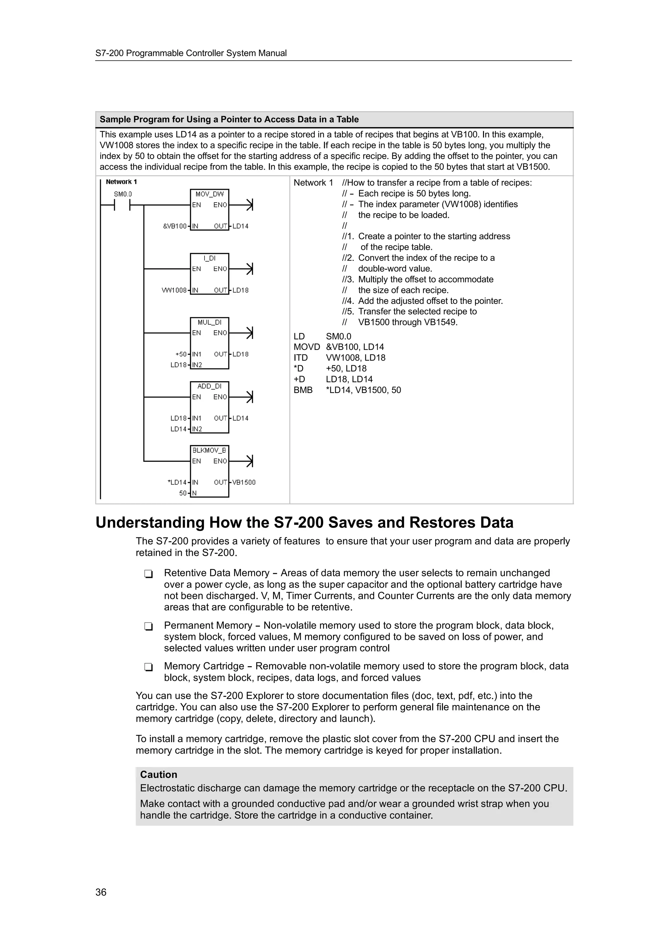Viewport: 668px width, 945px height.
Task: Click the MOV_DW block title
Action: (x=209, y=194)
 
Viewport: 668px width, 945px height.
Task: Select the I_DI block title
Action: (x=209, y=258)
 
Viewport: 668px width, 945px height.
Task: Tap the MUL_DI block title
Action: (x=209, y=322)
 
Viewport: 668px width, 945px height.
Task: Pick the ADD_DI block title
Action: (x=209, y=386)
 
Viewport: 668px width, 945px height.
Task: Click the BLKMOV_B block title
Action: (x=209, y=450)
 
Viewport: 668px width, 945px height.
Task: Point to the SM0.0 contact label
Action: (x=123, y=194)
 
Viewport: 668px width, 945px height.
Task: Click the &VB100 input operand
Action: (x=175, y=226)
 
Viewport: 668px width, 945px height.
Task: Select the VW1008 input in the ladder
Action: (x=174, y=290)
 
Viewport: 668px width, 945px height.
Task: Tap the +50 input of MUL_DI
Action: (x=181, y=354)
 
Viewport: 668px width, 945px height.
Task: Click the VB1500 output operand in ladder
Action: (x=244, y=482)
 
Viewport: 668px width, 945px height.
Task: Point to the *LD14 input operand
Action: (x=177, y=482)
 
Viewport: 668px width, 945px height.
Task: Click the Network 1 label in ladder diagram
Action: (x=121, y=182)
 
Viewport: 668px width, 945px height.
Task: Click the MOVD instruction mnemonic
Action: (x=307, y=347)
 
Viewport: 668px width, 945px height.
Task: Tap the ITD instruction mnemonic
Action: (x=300, y=358)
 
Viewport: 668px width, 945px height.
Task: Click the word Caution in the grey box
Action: (x=159, y=774)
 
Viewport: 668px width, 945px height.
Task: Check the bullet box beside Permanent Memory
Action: (x=149, y=626)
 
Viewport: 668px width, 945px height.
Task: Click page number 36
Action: (x=101, y=892)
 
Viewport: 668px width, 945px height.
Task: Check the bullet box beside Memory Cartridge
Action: (x=149, y=667)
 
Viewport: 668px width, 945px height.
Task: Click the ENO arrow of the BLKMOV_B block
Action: (x=249, y=461)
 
